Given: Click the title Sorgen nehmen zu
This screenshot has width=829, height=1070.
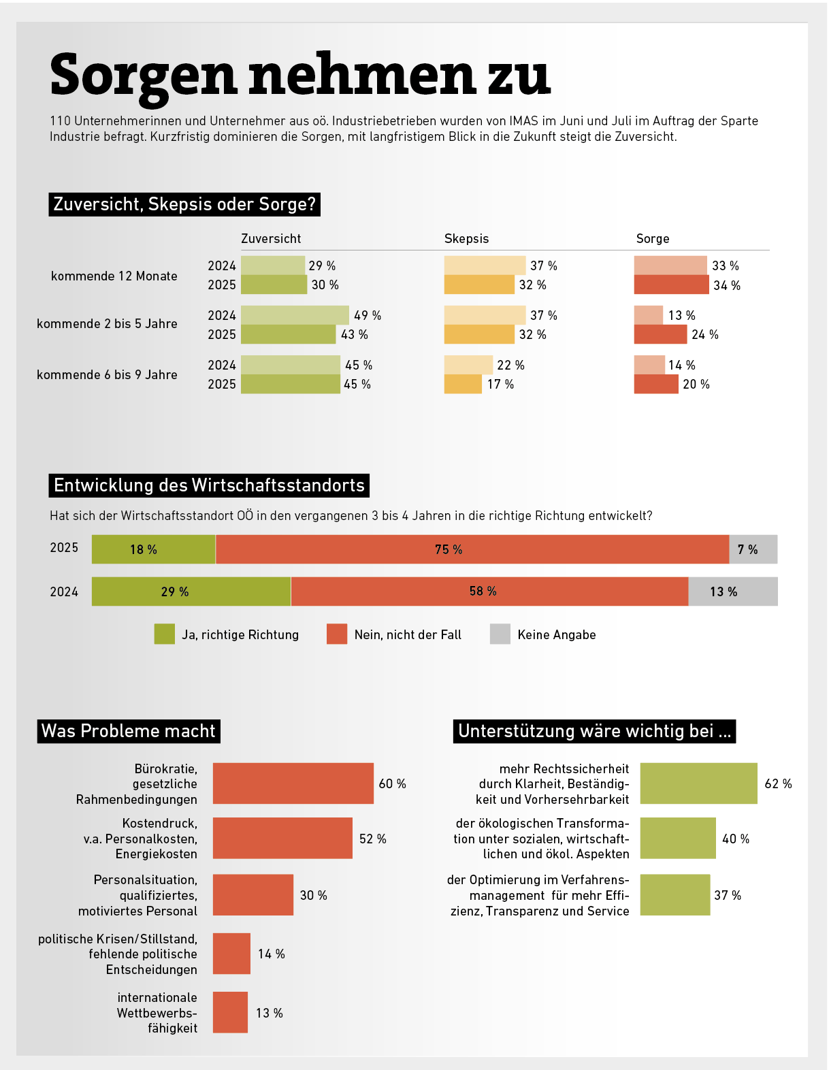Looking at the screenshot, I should pyautogui.click(x=299, y=76).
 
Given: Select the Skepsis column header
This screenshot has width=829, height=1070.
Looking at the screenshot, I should pyautogui.click(x=466, y=239).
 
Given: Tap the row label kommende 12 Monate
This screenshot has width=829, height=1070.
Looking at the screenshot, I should pyautogui.click(x=114, y=276).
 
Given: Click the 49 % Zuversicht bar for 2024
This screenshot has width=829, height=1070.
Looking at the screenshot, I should pyautogui.click(x=295, y=315).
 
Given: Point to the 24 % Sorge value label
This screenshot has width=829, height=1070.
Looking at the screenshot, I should pyautogui.click(x=704, y=335).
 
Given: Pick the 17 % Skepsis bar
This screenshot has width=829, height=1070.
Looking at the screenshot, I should pyautogui.click(x=463, y=385).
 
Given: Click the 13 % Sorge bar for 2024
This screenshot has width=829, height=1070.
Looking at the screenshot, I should pyautogui.click(x=648, y=315).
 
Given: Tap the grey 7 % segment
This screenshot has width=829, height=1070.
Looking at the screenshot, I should pyautogui.click(x=753, y=549).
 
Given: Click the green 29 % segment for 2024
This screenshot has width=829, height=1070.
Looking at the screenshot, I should pyautogui.click(x=191, y=591).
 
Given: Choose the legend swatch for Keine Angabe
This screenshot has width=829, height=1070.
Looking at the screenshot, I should pyautogui.click(x=500, y=634).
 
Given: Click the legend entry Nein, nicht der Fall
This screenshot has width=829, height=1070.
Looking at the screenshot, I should pyautogui.click(x=407, y=635).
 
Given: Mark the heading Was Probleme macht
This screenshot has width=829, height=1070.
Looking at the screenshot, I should pyautogui.click(x=129, y=731).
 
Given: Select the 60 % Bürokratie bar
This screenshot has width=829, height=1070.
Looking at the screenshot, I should pyautogui.click(x=293, y=783).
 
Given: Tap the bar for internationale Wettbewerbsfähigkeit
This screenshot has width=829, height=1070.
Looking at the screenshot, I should pyautogui.click(x=230, y=1012).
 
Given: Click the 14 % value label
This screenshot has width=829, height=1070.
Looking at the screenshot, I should pyautogui.click(x=271, y=954).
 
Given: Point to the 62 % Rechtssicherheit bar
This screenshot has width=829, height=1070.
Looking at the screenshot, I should pyautogui.click(x=698, y=783).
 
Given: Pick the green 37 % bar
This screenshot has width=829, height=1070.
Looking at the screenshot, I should pyautogui.click(x=674, y=895).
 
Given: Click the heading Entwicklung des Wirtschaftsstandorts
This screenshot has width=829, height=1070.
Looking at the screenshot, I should pyautogui.click(x=209, y=485).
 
